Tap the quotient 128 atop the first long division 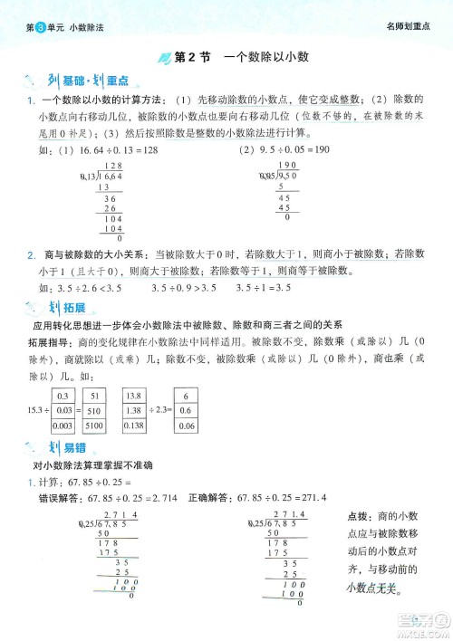pyautogui.click(x=113, y=166)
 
